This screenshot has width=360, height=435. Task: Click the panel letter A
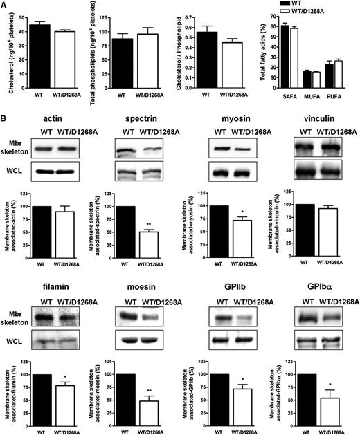(x=5, y=5)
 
